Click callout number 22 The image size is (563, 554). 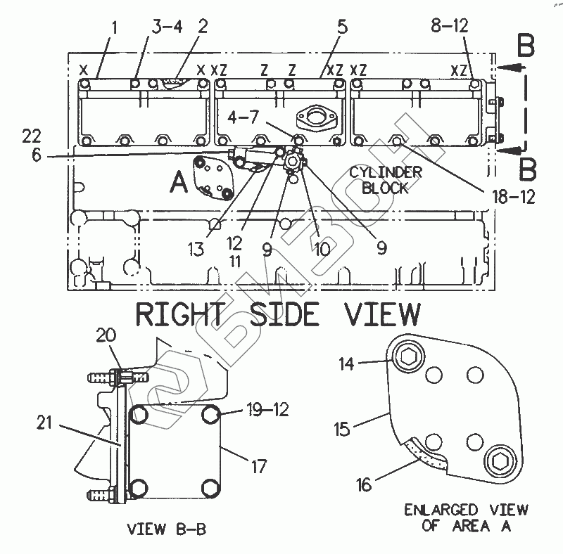pyautogui.click(x=32, y=136)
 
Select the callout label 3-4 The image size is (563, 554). pyautogui.click(x=167, y=27)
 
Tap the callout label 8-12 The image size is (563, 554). pyautogui.click(x=450, y=26)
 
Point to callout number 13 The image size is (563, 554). pyautogui.click(x=196, y=249)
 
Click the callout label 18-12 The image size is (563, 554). pyautogui.click(x=514, y=197)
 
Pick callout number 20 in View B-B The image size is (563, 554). pyautogui.click(x=106, y=335)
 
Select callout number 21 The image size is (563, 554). pyautogui.click(x=44, y=423)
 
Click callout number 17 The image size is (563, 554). pyautogui.click(x=258, y=466)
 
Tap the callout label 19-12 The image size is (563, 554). pyautogui.click(x=268, y=409)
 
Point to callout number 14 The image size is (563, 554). pyautogui.click(x=346, y=364)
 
